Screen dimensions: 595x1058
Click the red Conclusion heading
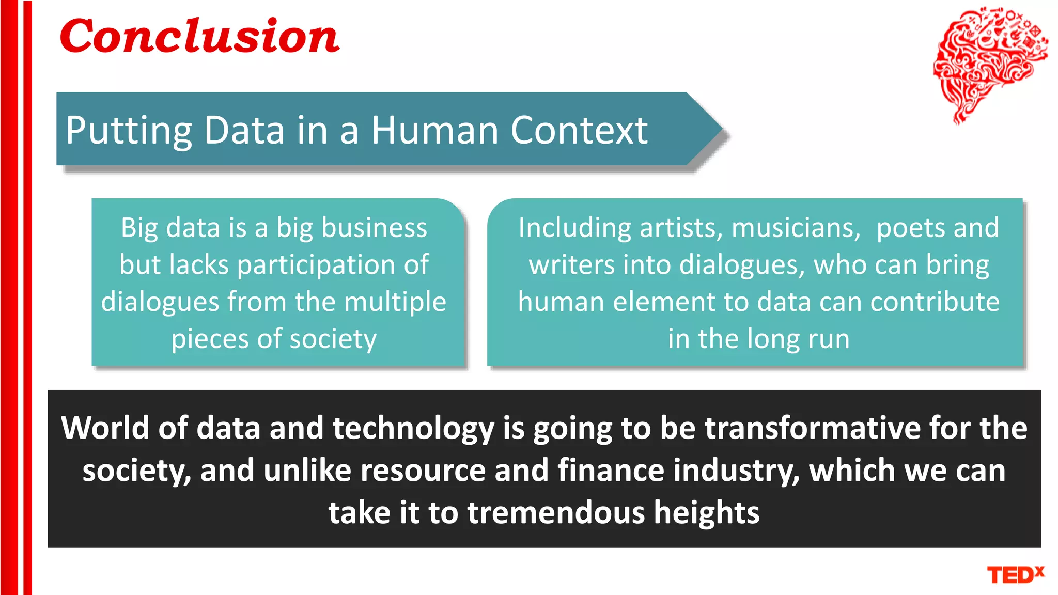199,36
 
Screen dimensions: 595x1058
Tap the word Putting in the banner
129,131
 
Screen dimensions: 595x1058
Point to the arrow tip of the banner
719,129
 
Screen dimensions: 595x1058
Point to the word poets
911,228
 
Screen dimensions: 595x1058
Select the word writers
572,265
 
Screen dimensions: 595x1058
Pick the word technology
413,429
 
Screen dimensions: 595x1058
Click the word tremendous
556,512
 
